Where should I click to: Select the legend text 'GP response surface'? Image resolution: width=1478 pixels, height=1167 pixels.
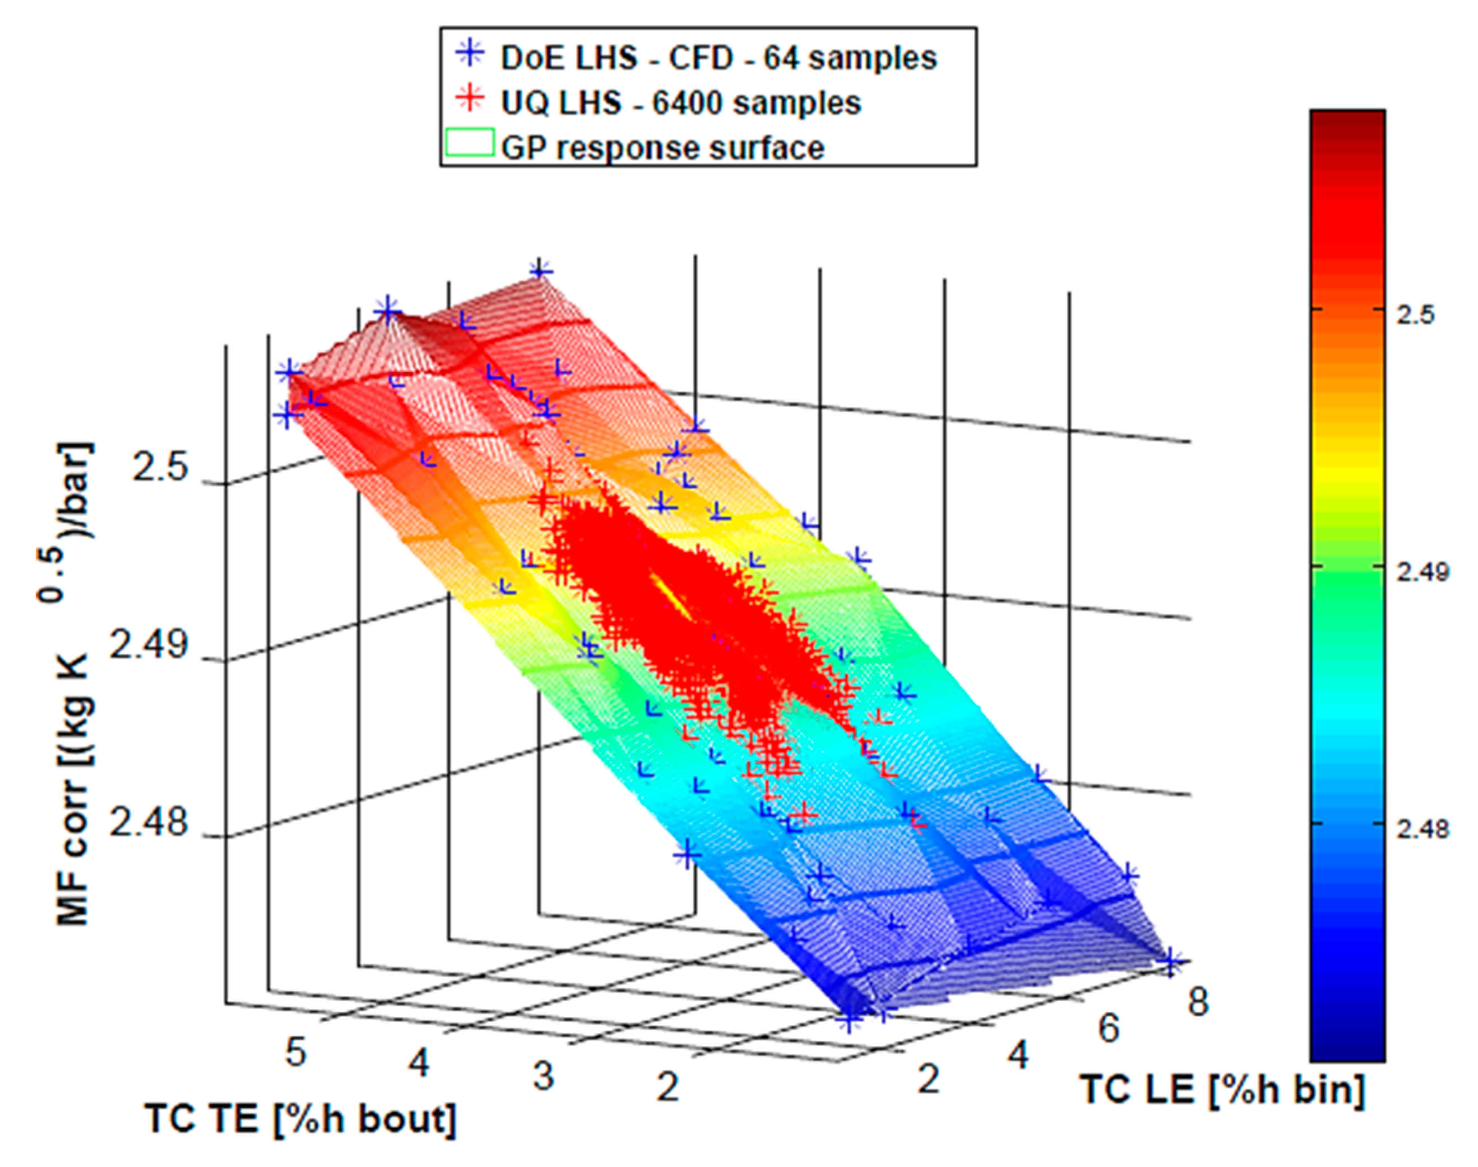(662, 148)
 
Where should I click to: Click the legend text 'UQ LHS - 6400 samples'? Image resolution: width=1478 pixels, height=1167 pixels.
(681, 102)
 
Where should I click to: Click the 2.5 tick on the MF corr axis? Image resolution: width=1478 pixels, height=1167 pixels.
(159, 468)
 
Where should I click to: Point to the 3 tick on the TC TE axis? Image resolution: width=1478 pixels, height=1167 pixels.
(543, 1075)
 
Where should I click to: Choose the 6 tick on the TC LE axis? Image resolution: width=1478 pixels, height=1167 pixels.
(1108, 1028)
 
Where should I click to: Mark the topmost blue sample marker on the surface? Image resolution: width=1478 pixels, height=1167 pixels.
(540, 271)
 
